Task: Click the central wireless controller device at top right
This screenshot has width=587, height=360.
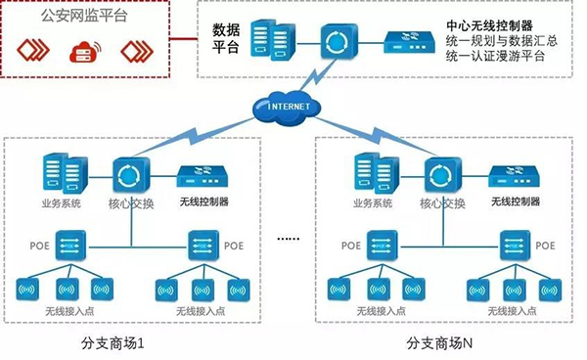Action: [411, 40]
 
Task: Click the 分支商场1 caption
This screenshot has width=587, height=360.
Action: [117, 344]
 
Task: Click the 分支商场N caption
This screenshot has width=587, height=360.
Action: [439, 344]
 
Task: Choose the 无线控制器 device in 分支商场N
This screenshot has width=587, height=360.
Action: [514, 177]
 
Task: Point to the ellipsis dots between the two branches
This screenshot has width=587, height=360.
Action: [287, 238]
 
